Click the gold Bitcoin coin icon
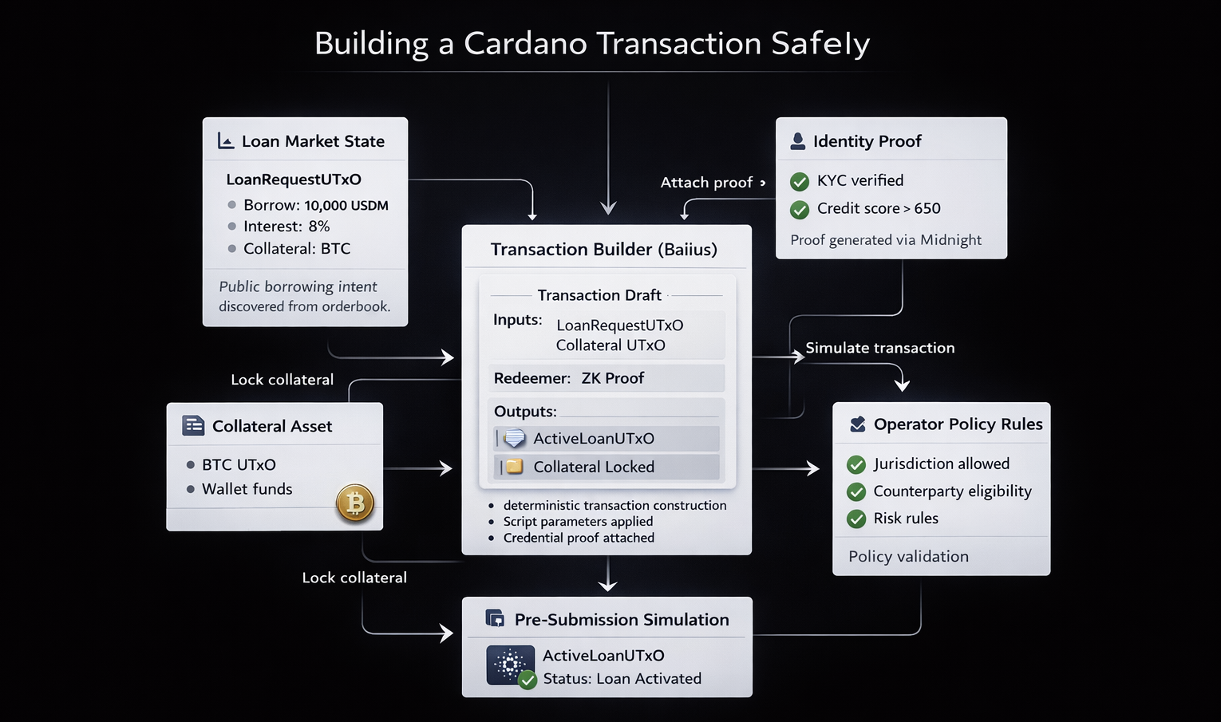pos(355,503)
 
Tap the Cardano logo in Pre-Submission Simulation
pos(510,665)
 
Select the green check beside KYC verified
pos(799,182)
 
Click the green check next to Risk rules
pos(856,519)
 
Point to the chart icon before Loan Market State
pos(226,141)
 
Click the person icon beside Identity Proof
pos(797,141)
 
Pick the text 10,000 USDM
pos(346,205)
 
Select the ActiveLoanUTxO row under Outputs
pos(606,438)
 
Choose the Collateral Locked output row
pos(606,467)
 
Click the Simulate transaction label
pos(879,348)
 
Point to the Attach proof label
pos(706,183)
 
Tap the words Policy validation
pos(908,556)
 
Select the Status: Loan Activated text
pos(622,679)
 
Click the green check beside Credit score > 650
pos(799,210)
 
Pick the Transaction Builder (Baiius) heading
pos(603,250)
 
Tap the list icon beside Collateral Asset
pos(193,425)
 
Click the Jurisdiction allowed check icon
pos(856,464)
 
